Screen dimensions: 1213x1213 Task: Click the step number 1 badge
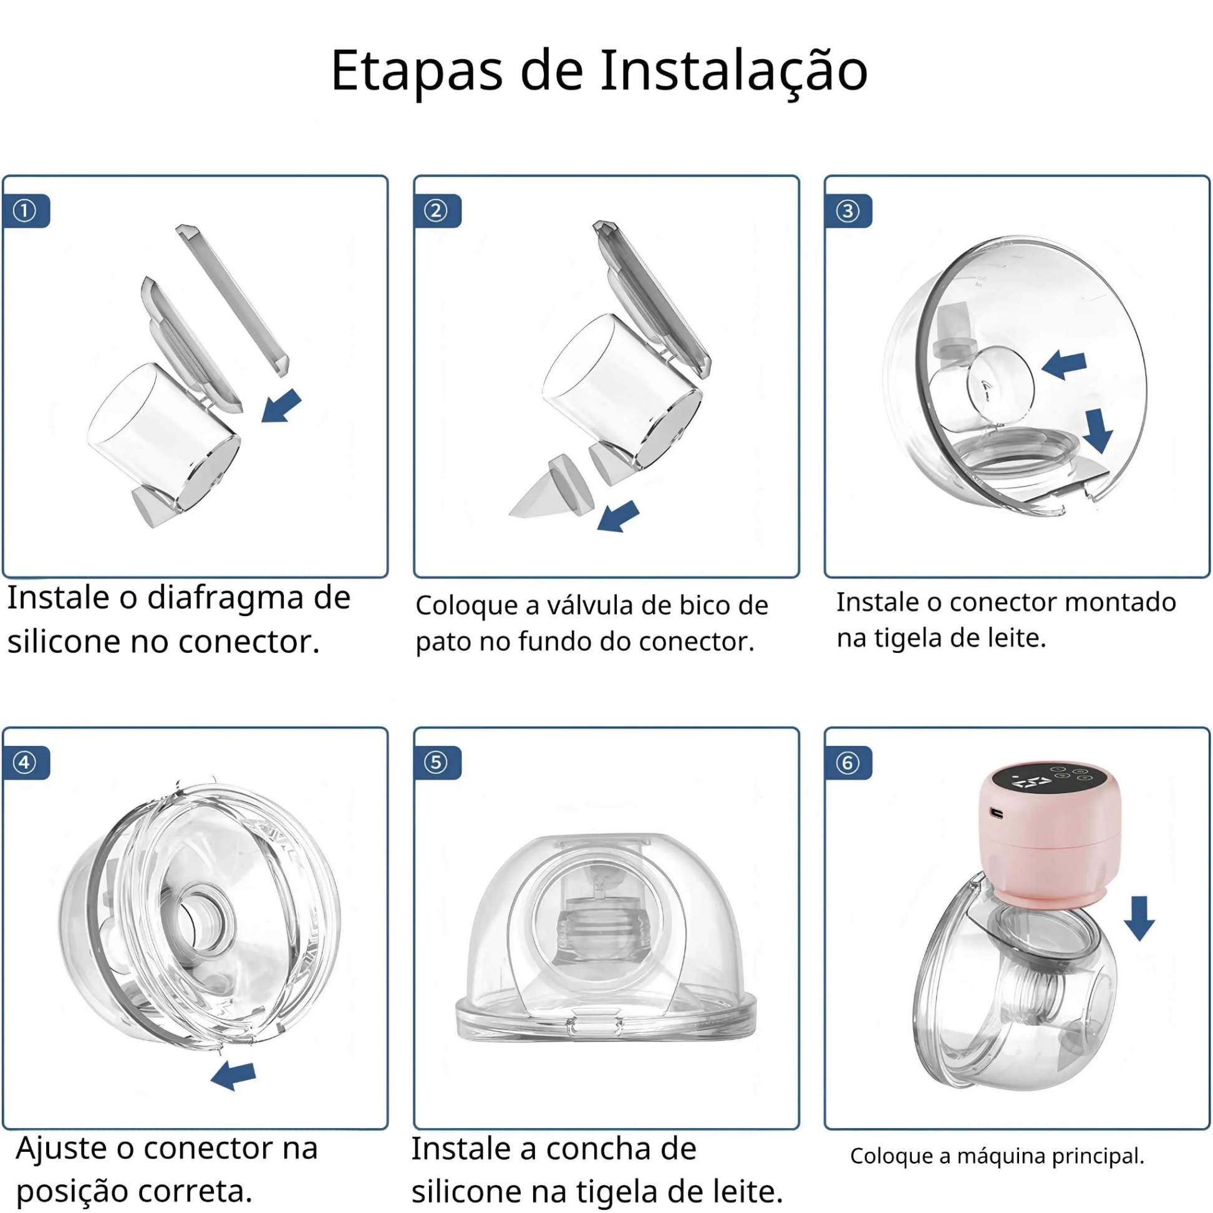(x=26, y=211)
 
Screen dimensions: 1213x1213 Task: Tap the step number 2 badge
(x=438, y=211)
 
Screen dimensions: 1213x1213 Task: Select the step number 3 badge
(x=848, y=211)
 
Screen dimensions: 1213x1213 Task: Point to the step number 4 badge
(x=26, y=763)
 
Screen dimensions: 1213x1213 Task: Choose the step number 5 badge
(x=438, y=763)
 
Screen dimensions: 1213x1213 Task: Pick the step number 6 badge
(x=848, y=763)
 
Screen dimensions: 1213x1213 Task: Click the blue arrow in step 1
(x=281, y=406)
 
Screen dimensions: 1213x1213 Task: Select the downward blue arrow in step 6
(x=1139, y=918)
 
